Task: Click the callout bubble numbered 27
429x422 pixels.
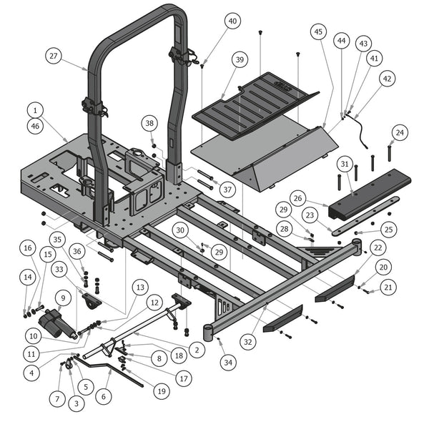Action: tap(53, 55)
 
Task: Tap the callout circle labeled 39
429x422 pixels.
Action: tap(240, 59)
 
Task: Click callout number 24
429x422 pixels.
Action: tap(400, 132)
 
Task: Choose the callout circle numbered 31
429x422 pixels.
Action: tap(345, 165)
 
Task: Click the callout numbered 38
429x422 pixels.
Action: tap(148, 123)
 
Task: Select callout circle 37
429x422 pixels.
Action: tap(227, 190)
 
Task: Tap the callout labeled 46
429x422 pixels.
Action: tap(34, 126)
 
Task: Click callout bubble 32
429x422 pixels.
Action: tap(248, 342)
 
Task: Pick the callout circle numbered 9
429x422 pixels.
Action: tap(62, 297)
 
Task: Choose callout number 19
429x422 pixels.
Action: tap(162, 391)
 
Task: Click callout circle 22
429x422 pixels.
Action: tap(378, 246)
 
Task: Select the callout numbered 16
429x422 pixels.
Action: tap(27, 248)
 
